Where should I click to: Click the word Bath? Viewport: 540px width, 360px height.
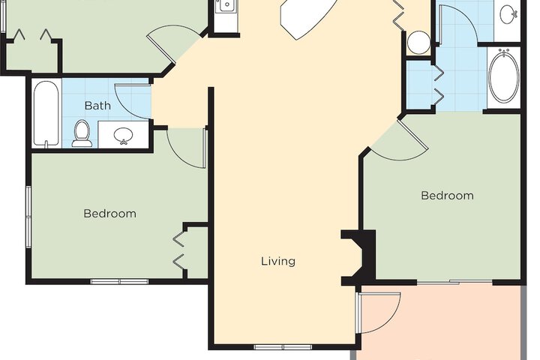click(97, 106)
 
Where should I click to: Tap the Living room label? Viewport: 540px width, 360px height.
click(277, 261)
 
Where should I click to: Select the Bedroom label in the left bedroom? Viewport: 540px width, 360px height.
click(109, 214)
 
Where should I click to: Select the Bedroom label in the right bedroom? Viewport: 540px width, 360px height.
click(447, 196)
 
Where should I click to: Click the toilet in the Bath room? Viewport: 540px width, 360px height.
click(82, 133)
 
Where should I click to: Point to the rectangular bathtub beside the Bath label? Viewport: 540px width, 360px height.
click(46, 114)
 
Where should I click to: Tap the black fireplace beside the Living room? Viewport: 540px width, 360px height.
click(360, 257)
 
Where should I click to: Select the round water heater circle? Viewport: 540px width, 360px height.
click(418, 42)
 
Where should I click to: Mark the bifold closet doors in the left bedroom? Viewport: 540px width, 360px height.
click(179, 250)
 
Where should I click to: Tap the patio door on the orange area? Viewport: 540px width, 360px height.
click(379, 313)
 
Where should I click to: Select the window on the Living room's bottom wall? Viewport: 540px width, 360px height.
click(283, 347)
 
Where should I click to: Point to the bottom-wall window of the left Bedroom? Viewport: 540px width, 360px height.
click(119, 282)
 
